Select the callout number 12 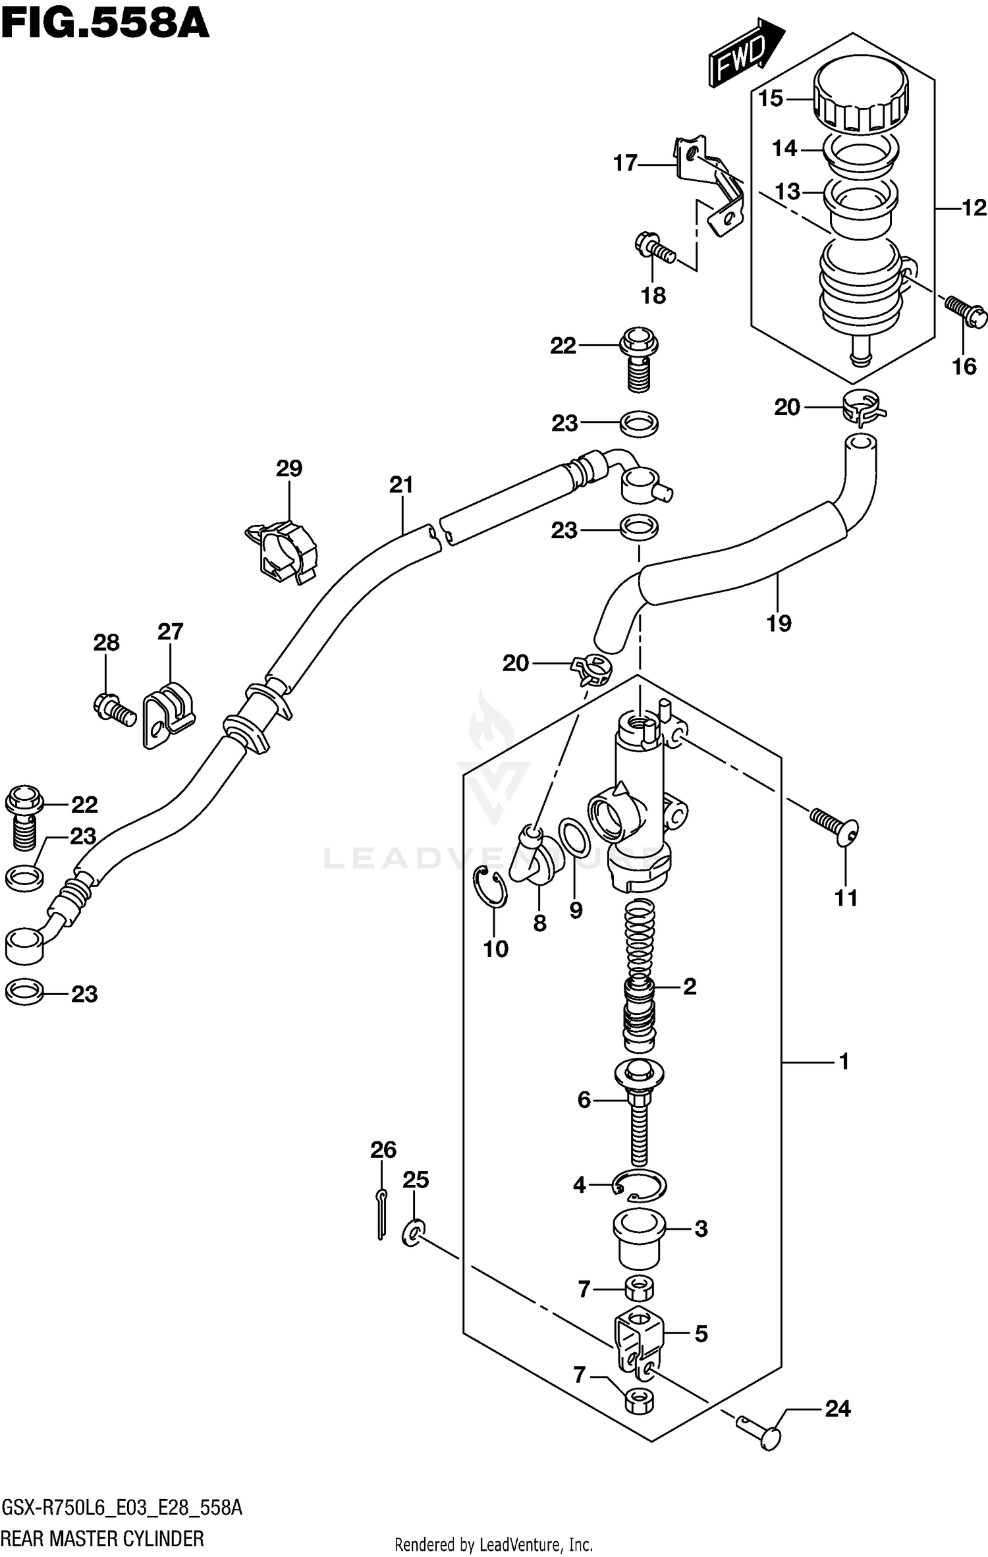point(974,209)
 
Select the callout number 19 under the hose point(779,622)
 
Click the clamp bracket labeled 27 point(168,715)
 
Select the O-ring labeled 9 point(574,838)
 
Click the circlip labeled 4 point(640,1186)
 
